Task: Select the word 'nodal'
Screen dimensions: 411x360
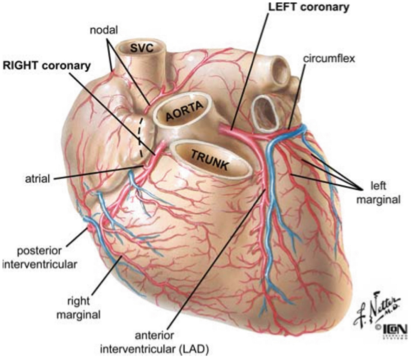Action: coord(106,29)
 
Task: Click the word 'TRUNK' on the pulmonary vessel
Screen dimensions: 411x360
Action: coord(209,157)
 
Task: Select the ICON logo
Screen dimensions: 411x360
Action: coord(394,334)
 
